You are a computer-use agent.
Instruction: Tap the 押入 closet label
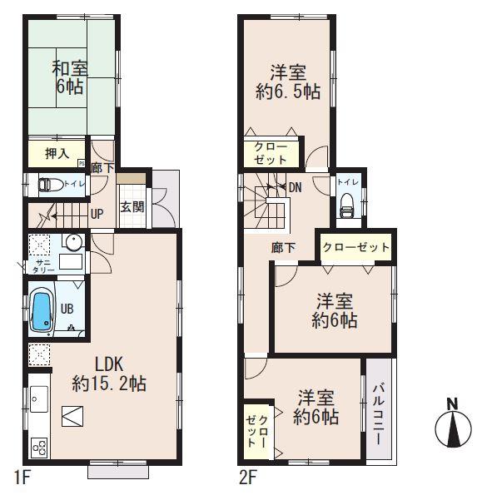click(x=57, y=153)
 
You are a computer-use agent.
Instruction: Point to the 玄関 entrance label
click(x=132, y=206)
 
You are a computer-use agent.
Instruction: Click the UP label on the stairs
click(x=97, y=214)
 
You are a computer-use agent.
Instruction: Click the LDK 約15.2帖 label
click(x=109, y=374)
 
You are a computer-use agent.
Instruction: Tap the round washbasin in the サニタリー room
click(x=73, y=243)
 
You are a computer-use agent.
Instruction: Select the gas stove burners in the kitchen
click(x=39, y=447)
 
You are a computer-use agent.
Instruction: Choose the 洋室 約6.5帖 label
click(x=287, y=82)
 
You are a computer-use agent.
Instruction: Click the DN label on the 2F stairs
click(x=294, y=186)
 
